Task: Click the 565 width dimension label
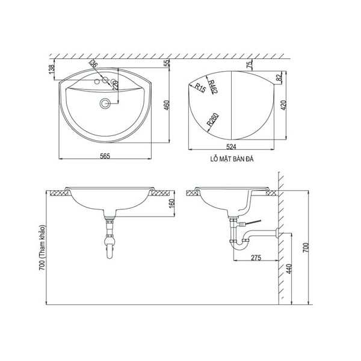(x=105, y=156)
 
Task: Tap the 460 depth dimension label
(x=167, y=105)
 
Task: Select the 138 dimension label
(x=52, y=69)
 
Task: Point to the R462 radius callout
(x=213, y=87)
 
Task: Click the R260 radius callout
(x=212, y=120)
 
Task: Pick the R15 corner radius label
(x=200, y=88)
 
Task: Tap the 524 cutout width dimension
(x=231, y=147)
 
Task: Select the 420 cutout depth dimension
(x=283, y=105)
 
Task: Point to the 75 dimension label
(x=249, y=65)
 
